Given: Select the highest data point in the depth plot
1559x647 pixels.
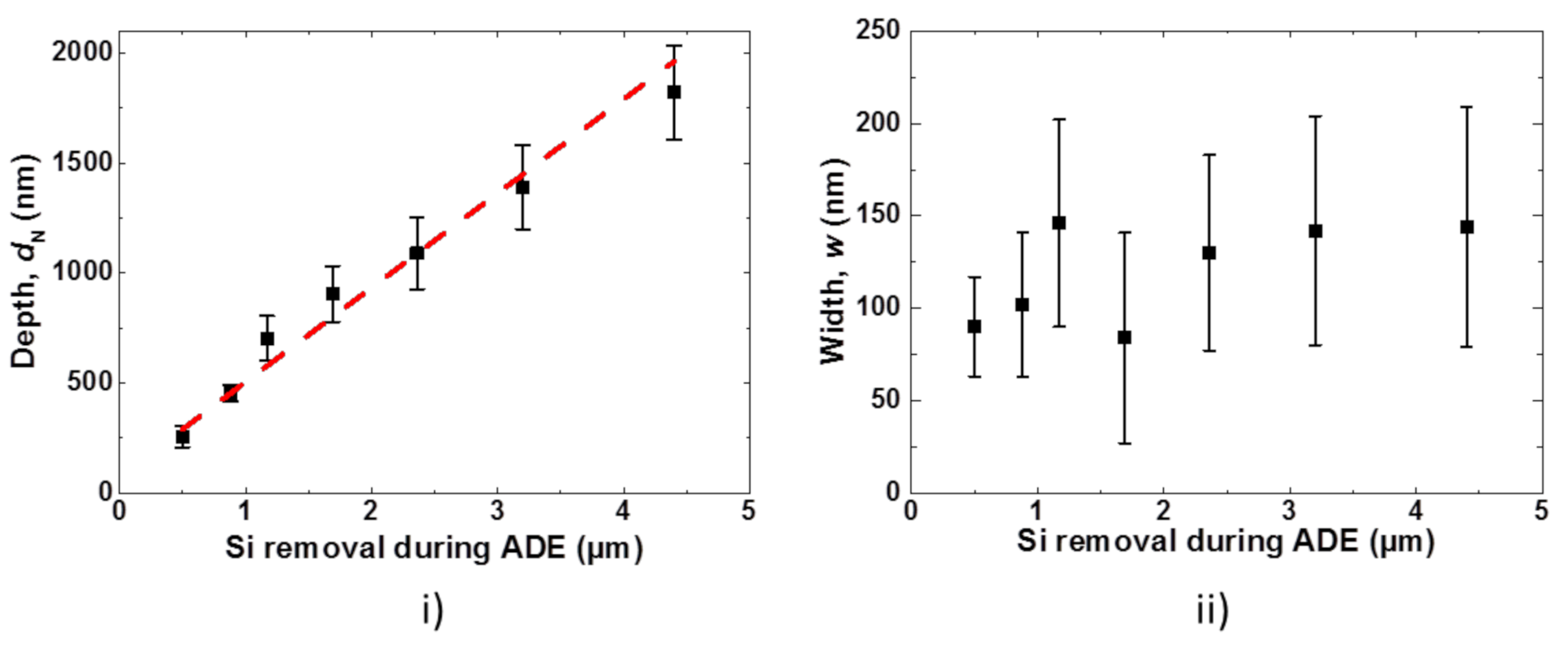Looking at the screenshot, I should (x=673, y=92).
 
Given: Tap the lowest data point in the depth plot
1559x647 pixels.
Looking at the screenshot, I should (x=183, y=437).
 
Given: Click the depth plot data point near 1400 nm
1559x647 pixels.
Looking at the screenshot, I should (x=522, y=187).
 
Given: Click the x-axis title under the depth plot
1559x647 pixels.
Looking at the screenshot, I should (x=434, y=548).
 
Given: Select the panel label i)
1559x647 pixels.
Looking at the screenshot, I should (x=432, y=610).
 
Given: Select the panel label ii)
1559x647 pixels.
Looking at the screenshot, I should (x=1213, y=610).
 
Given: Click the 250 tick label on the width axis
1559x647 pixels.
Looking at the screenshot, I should (x=878, y=31).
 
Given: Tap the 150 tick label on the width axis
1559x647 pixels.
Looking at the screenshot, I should (x=878, y=215).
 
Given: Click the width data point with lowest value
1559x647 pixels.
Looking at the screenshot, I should (x=1124, y=337).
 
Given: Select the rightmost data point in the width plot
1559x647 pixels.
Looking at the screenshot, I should (x=1467, y=226).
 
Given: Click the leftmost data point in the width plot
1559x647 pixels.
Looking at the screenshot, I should (x=974, y=326).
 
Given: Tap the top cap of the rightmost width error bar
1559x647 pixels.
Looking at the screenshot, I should (x=1467, y=107).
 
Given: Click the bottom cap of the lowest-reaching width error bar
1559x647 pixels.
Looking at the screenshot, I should (x=1124, y=443).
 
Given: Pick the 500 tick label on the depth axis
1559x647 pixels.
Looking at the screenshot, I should (x=89, y=382).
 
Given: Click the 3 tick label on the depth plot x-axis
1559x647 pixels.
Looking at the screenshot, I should (x=497, y=511).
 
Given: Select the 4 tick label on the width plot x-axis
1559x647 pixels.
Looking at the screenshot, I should (x=1415, y=511).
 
